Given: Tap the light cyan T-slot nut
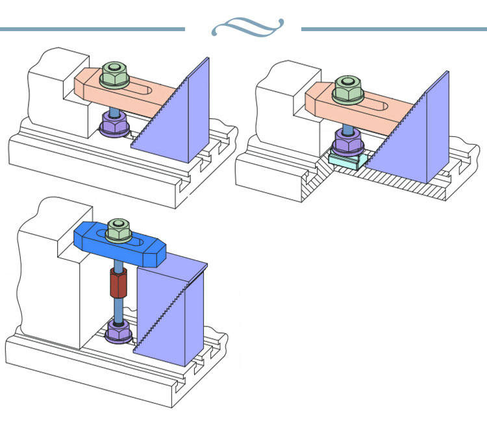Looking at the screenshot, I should click(x=346, y=160).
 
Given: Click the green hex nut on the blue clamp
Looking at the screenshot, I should click(x=118, y=230).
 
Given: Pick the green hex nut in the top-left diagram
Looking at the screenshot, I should click(x=116, y=75).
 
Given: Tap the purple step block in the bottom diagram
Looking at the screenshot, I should click(x=172, y=312).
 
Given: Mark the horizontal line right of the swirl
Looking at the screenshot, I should click(x=393, y=29).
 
